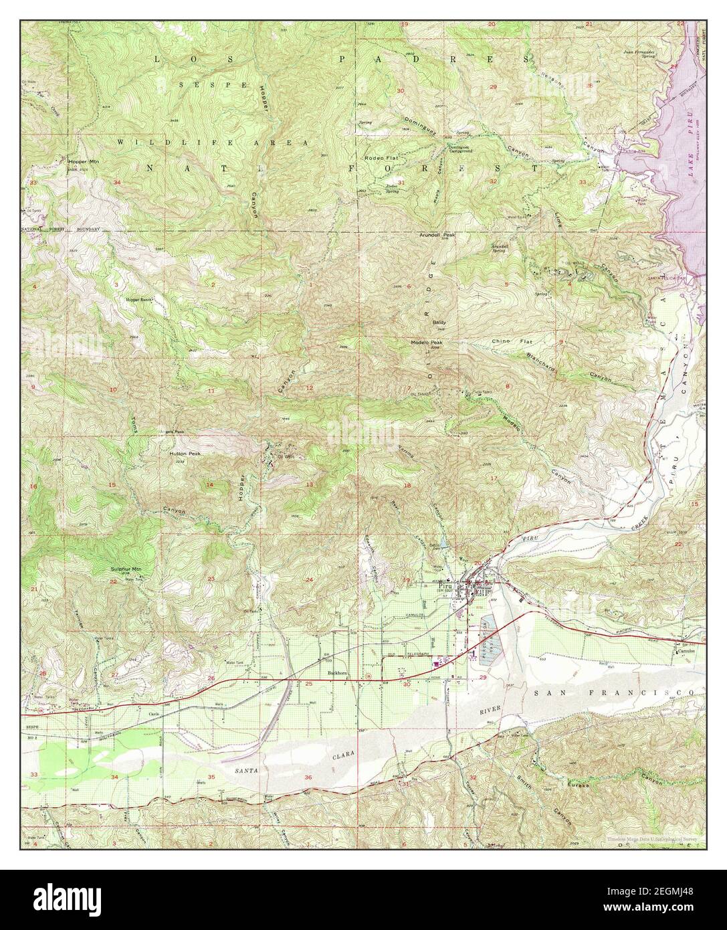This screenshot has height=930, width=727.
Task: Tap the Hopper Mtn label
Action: tap(83, 161)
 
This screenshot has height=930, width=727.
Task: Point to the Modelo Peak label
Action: tap(426, 343)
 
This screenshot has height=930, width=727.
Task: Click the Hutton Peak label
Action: tap(185, 453)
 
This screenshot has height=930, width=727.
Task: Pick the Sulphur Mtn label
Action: tap(126, 569)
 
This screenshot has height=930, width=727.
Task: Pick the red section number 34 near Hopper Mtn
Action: tap(116, 182)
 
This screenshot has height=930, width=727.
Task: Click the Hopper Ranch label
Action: tap(139, 300)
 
